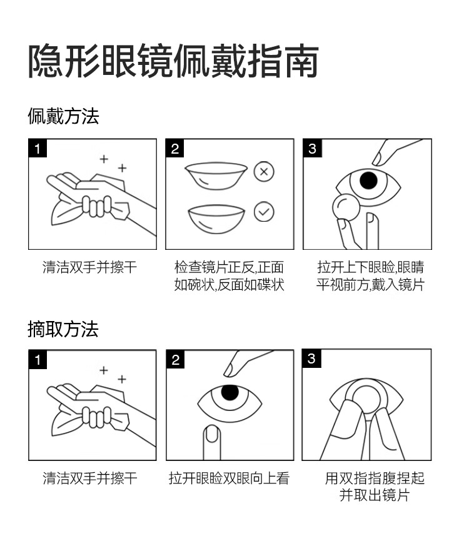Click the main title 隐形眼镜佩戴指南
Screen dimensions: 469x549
(173, 61)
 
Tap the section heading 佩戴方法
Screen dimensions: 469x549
(63, 116)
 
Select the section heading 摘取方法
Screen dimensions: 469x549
(63, 329)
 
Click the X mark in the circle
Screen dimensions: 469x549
(264, 171)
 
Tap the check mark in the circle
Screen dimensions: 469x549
(264, 212)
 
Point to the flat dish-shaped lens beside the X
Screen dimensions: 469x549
(216, 176)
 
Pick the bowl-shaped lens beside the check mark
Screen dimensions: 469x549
(216, 218)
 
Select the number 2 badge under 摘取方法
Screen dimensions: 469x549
(175, 359)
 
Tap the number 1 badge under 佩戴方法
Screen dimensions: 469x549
(38, 148)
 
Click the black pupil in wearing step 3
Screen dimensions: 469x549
(368, 181)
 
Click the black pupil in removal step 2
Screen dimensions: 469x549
(229, 393)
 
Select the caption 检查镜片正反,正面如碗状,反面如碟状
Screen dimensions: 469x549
(229, 277)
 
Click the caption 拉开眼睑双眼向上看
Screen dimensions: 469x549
(229, 479)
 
